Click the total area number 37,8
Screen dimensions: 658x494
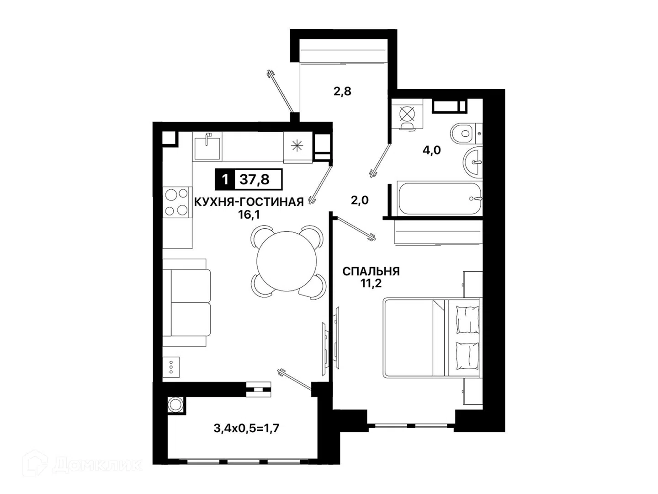[254, 179]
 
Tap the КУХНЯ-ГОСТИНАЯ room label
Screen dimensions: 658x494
[249, 202]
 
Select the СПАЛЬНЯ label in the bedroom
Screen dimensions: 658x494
[371, 271]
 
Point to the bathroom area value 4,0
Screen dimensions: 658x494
[432, 150]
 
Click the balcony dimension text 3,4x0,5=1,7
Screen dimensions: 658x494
[246, 428]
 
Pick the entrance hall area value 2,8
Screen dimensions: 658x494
[342, 91]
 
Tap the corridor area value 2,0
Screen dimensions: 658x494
[360, 200]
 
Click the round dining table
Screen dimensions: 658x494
[287, 261]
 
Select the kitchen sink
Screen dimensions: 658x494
[207, 148]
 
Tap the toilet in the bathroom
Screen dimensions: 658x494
[466, 133]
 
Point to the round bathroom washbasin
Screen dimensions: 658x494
[473, 162]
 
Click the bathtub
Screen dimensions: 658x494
[440, 198]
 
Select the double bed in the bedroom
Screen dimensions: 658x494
[432, 338]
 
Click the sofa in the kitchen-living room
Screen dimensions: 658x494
[186, 303]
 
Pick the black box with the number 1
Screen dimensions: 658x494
[225, 179]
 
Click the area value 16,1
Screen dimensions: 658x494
[249, 215]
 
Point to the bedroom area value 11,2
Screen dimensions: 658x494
[371, 283]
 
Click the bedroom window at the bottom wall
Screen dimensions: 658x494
[411, 425]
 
